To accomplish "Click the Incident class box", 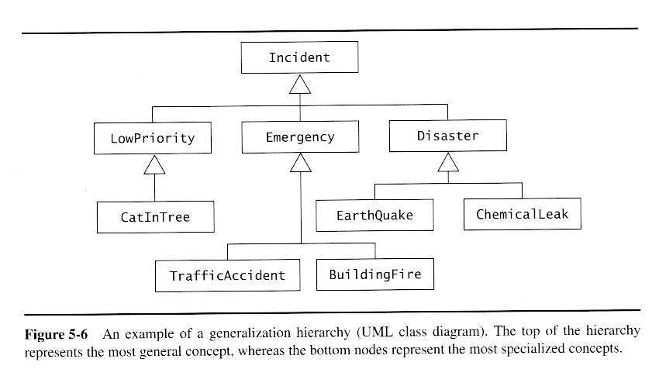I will coord(299,58).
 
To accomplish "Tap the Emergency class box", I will coord(299,137).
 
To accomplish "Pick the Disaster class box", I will coord(447,136).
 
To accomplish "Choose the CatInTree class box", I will coord(154,217).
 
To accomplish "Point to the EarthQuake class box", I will coord(374,215).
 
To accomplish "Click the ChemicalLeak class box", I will coord(522,214).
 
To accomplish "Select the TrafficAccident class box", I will coord(227,275).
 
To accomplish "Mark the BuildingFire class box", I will coord(374,274).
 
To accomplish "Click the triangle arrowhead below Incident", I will coord(299,85).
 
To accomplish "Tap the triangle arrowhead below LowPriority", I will coord(154,164).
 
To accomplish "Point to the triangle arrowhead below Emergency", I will coord(299,163).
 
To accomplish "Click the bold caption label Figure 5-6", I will coord(56,334).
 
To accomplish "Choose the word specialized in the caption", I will coord(534,349).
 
